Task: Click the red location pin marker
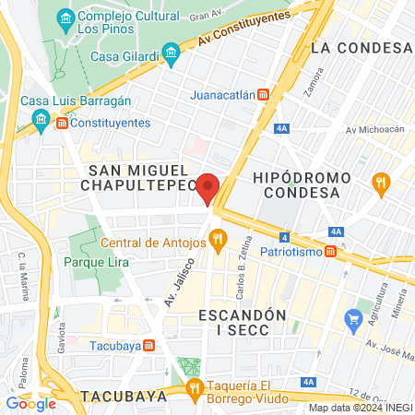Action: [208, 187]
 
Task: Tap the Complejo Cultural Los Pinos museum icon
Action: [65, 18]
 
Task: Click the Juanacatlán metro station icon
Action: [263, 94]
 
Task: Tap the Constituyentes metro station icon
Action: [61, 123]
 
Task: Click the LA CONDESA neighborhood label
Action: [361, 47]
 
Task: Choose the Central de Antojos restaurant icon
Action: [218, 242]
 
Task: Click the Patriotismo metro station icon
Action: [341, 250]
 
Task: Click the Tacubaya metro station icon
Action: [149, 346]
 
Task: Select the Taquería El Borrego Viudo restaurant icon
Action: [194, 387]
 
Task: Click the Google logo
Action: [30, 403]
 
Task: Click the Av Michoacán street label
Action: [374, 129]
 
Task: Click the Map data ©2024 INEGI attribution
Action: [360, 408]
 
